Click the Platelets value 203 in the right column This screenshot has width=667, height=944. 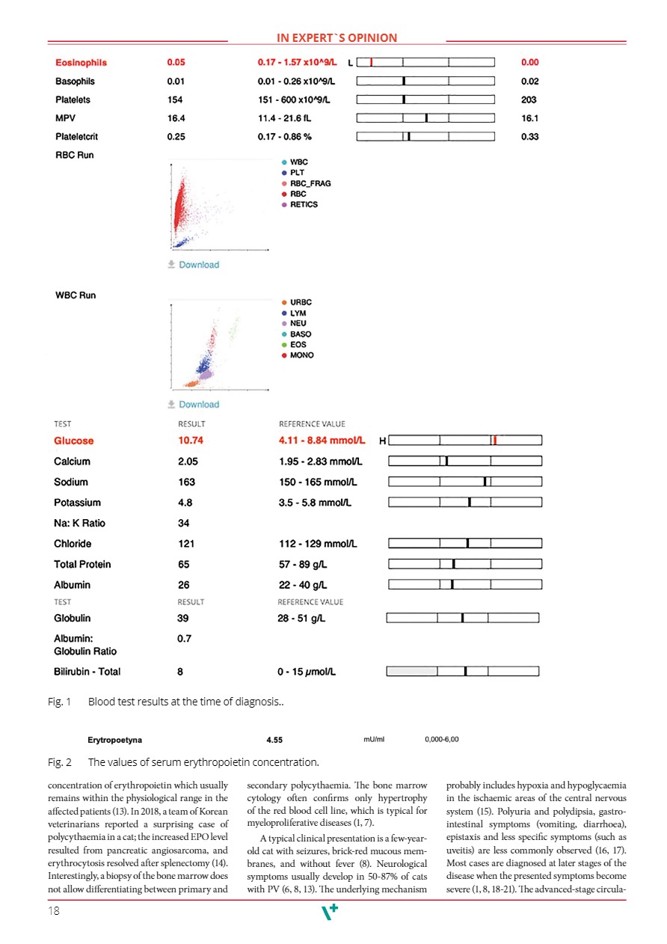coord(529,99)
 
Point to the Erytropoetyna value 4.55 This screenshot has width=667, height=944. coord(274,740)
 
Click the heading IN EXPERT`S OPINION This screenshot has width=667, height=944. coord(336,38)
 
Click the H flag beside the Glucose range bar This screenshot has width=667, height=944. coord(383,441)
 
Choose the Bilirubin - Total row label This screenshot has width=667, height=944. coord(87,671)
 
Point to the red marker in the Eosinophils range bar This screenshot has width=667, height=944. coord(372,63)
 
